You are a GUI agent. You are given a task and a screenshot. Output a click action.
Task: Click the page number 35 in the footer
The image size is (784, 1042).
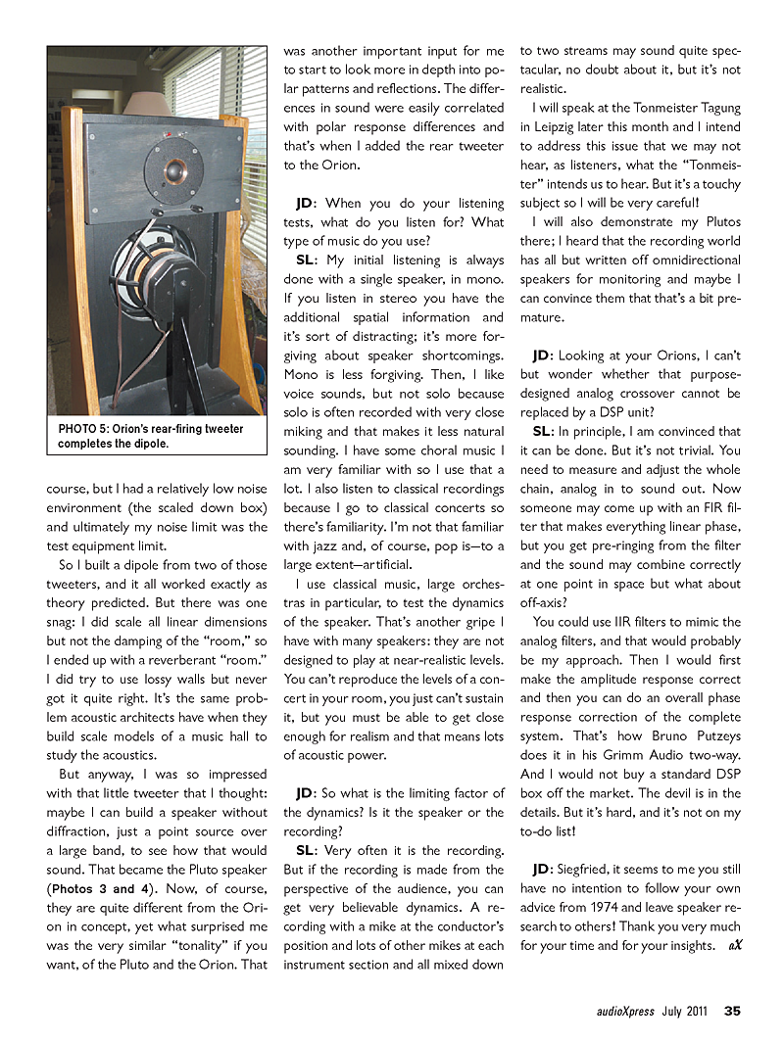click(732, 1012)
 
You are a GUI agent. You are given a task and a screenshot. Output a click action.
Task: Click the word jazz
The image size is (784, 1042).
click(325, 545)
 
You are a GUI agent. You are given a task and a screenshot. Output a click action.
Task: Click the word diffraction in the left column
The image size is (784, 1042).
click(82, 831)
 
